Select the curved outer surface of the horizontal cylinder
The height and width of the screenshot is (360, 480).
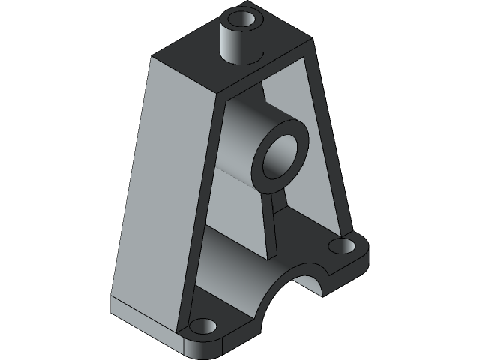click(240, 142)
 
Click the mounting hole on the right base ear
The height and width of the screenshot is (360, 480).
click(342, 245)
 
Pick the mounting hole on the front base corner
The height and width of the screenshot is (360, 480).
click(202, 328)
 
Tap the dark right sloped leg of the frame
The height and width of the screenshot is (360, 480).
click(330, 150)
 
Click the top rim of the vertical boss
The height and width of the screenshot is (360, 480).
click(254, 16)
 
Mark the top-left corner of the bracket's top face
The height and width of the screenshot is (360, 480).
click(153, 57)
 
